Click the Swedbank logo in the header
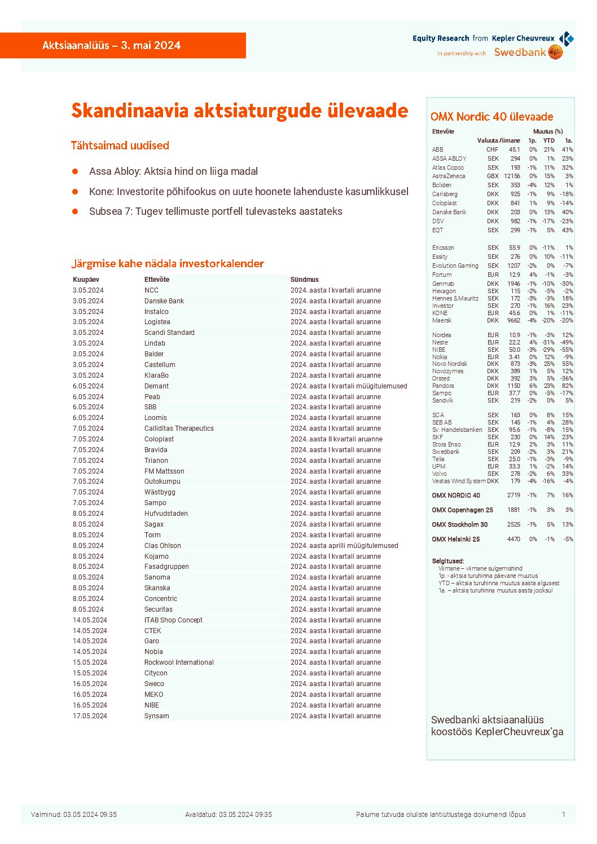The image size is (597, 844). coord(528,52)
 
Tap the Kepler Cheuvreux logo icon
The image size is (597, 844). coord(566,38)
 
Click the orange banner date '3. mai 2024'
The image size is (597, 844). coord(151,46)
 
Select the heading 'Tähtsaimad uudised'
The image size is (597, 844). coord(120,145)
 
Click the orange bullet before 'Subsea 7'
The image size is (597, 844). coord(75,211)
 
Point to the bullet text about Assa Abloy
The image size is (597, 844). coord(173,171)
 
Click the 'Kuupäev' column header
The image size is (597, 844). coord(86,280)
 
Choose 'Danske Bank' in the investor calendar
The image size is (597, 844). coord(164,301)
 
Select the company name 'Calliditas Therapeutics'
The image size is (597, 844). coord(179,428)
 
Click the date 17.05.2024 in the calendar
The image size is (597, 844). coord(90,716)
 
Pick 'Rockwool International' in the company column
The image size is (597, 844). coord(179,662)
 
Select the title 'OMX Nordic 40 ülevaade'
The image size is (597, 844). coord(491,117)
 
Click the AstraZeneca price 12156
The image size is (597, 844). coord(512,176)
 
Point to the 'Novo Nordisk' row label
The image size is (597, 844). coord(450,364)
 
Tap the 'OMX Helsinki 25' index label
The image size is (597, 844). coord(455,540)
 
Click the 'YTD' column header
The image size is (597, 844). coord(548,140)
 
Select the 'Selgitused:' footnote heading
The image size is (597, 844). coord(447,561)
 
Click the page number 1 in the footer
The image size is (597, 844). coord(563,815)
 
